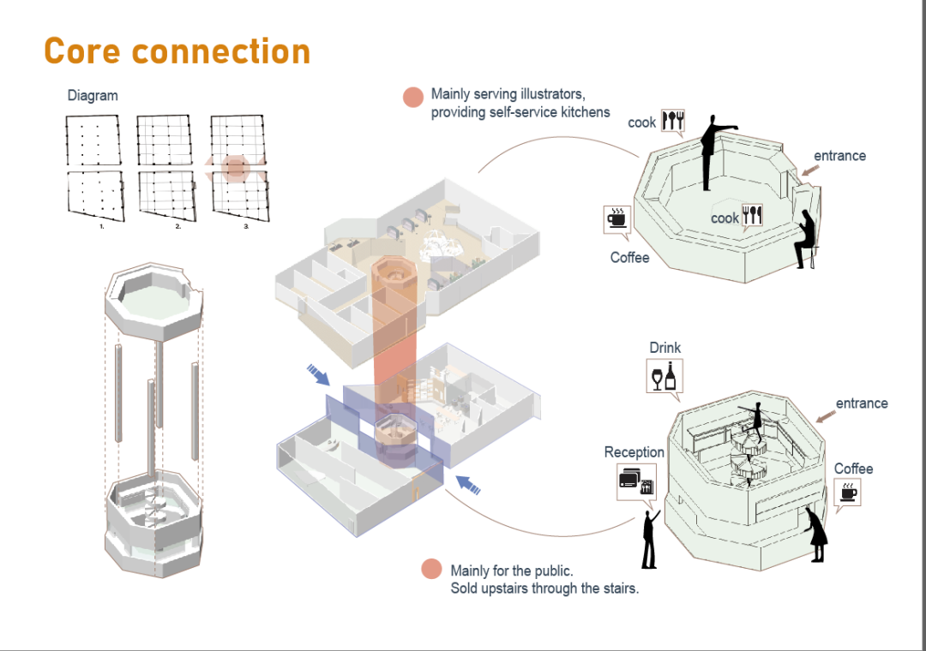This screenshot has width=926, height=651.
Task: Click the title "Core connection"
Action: [x=177, y=51]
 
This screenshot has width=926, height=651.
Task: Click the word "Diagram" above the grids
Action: [x=93, y=96]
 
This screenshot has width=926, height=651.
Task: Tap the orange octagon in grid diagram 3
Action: [x=236, y=168]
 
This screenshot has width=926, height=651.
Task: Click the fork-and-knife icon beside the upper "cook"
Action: [x=673, y=121]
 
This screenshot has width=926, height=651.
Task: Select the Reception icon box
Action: [x=636, y=481]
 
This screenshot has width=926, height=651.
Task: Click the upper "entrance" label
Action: [x=839, y=156]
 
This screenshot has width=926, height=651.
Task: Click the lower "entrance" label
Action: [x=862, y=403]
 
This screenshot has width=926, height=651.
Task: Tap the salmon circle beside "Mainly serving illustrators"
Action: [x=414, y=97]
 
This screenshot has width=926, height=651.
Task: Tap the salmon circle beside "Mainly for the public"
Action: [x=431, y=569]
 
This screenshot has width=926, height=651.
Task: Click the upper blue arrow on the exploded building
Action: [x=317, y=373]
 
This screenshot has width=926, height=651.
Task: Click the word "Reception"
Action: [x=634, y=452]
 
